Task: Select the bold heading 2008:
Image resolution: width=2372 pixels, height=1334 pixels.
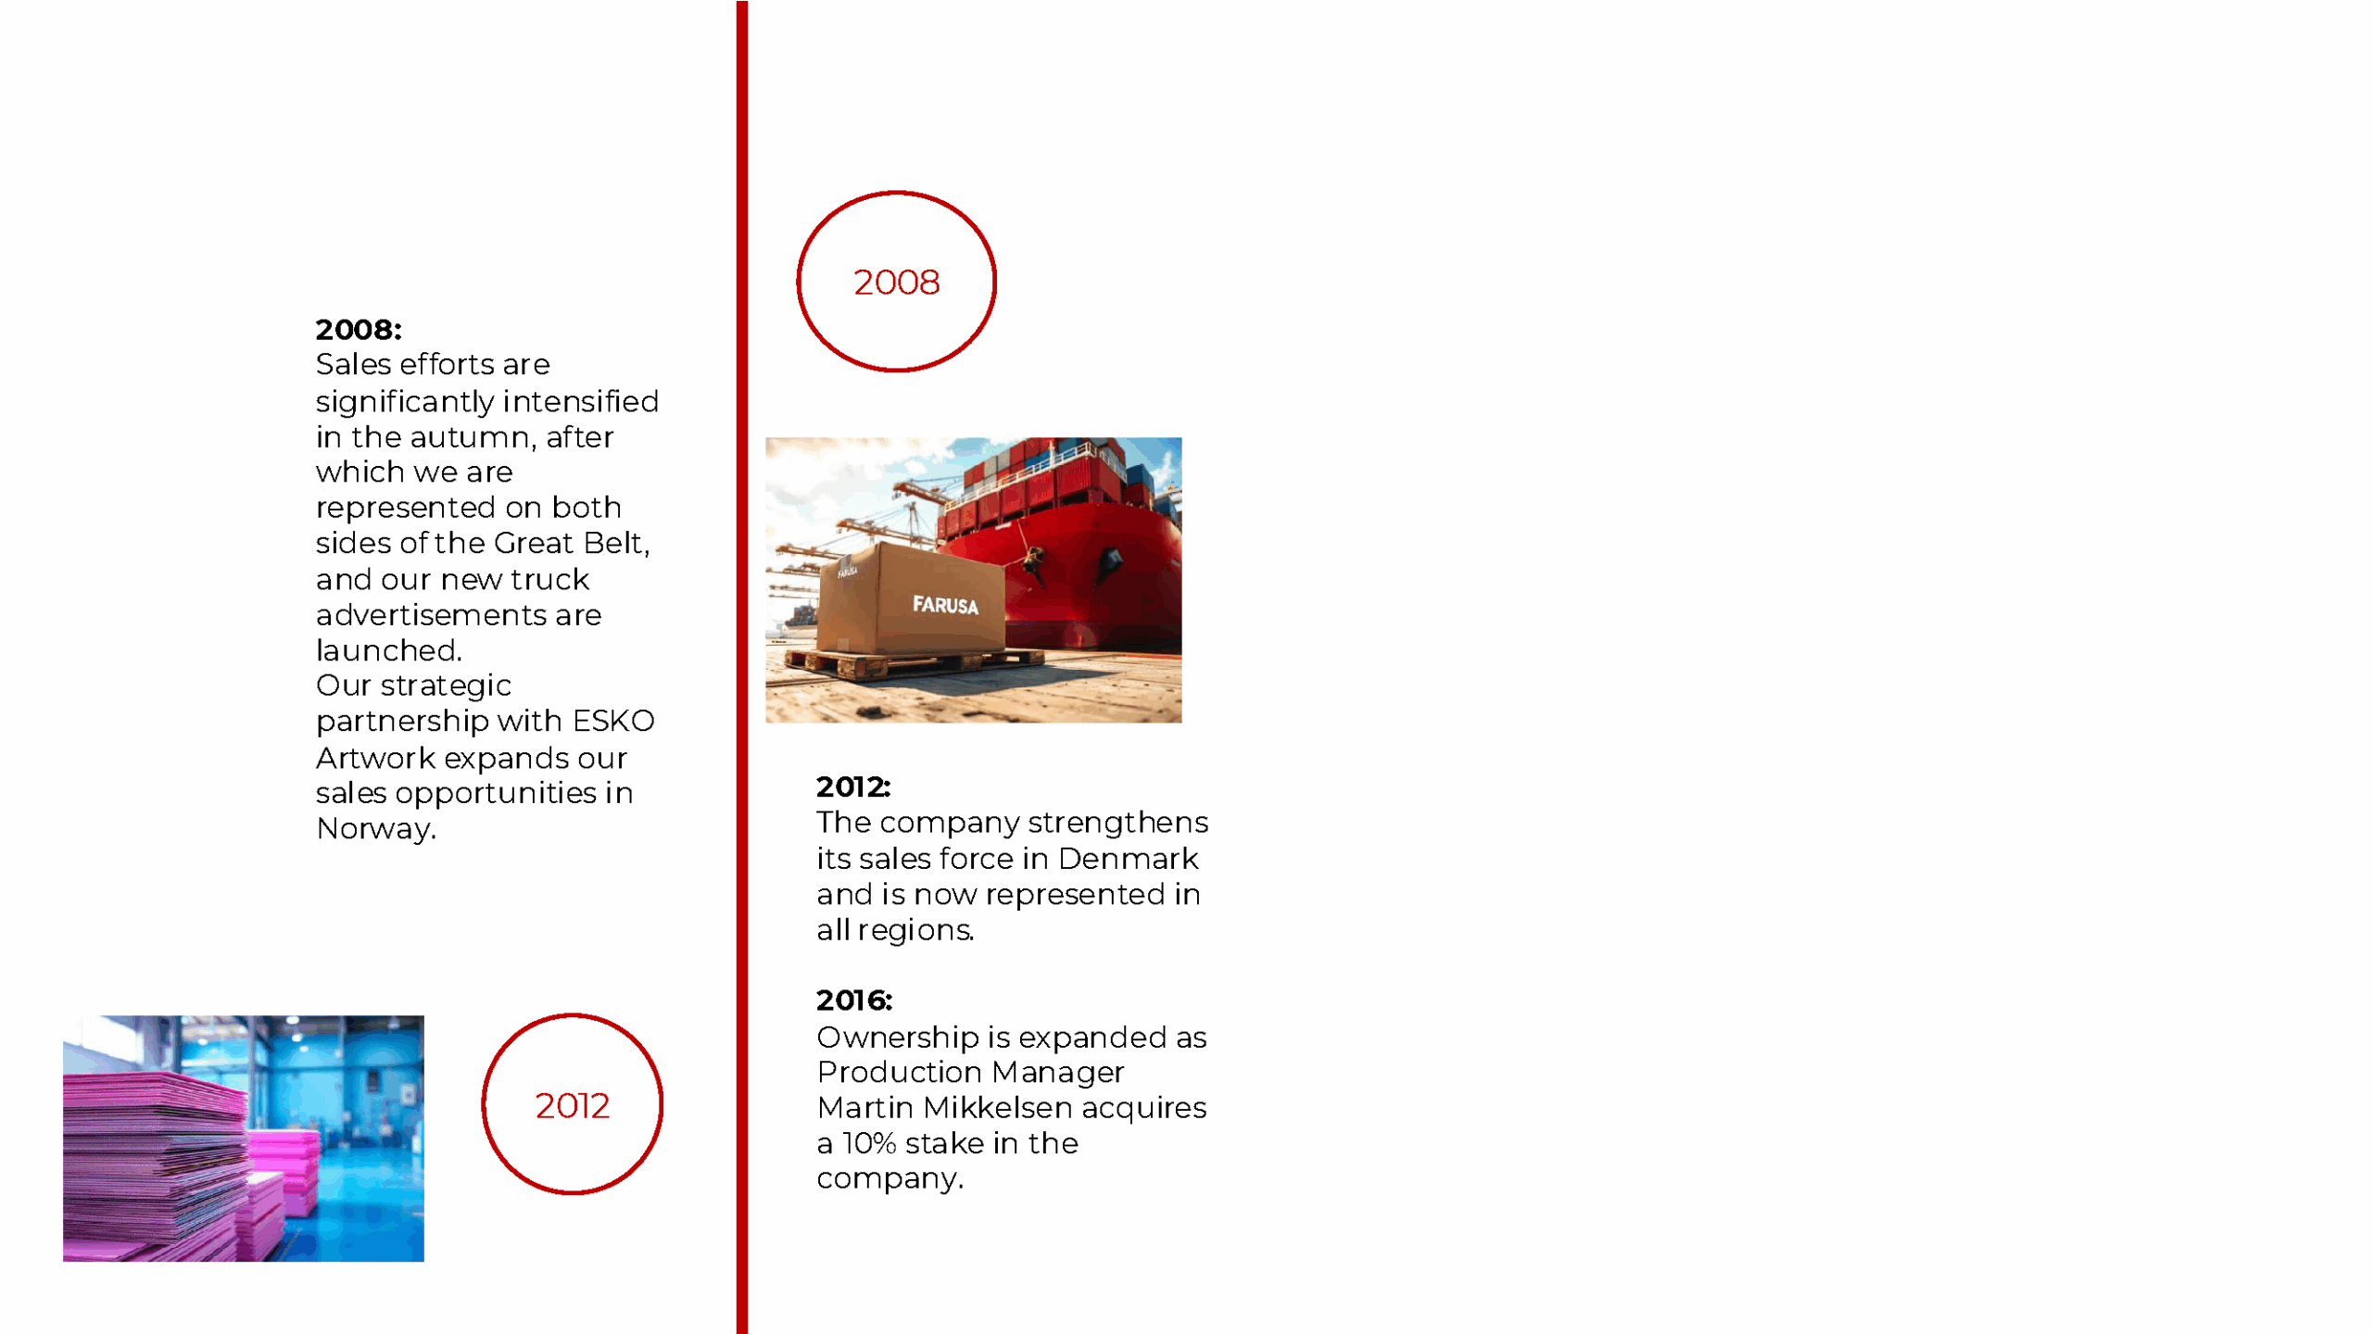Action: pyautogui.click(x=359, y=329)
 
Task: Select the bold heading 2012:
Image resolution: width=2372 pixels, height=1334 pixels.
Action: pyautogui.click(x=853, y=787)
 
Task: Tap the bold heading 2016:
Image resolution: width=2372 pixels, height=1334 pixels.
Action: pyautogui.click(x=854, y=1000)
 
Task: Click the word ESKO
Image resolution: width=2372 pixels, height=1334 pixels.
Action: pyautogui.click(x=613, y=721)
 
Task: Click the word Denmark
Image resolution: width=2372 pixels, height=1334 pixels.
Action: pyautogui.click(x=1128, y=859)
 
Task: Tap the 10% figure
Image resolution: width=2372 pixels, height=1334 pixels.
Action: pyautogui.click(x=869, y=1143)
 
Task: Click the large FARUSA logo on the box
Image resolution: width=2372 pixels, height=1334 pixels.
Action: pyautogui.click(x=945, y=605)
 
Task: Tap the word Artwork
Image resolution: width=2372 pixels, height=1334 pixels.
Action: pyautogui.click(x=375, y=758)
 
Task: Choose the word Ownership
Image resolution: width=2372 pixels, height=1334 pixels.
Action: pyautogui.click(x=897, y=1038)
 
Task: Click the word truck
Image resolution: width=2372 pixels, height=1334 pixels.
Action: pyautogui.click(x=549, y=580)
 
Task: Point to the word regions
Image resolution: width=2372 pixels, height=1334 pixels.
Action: pyautogui.click(x=915, y=930)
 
